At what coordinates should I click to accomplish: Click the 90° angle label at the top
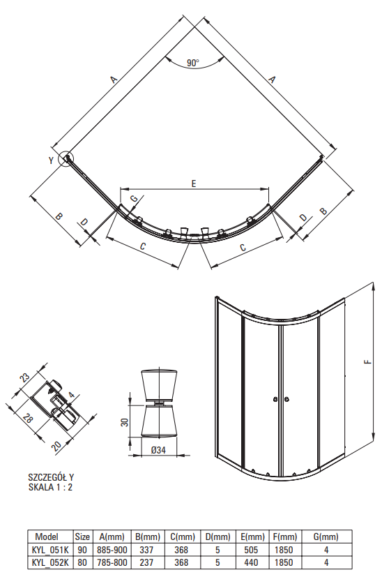tap(192, 63)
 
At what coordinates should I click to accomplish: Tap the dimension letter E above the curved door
tap(194, 183)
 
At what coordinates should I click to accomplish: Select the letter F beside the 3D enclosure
tap(367, 361)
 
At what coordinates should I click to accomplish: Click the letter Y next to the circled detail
tap(52, 160)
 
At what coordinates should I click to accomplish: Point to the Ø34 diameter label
tap(158, 450)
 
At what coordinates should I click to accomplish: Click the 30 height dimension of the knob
tap(125, 421)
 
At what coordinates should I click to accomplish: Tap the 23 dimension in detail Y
tap(24, 378)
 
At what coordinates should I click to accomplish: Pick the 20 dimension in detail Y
tap(56, 447)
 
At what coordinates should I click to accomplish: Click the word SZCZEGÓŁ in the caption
tap(48, 477)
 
